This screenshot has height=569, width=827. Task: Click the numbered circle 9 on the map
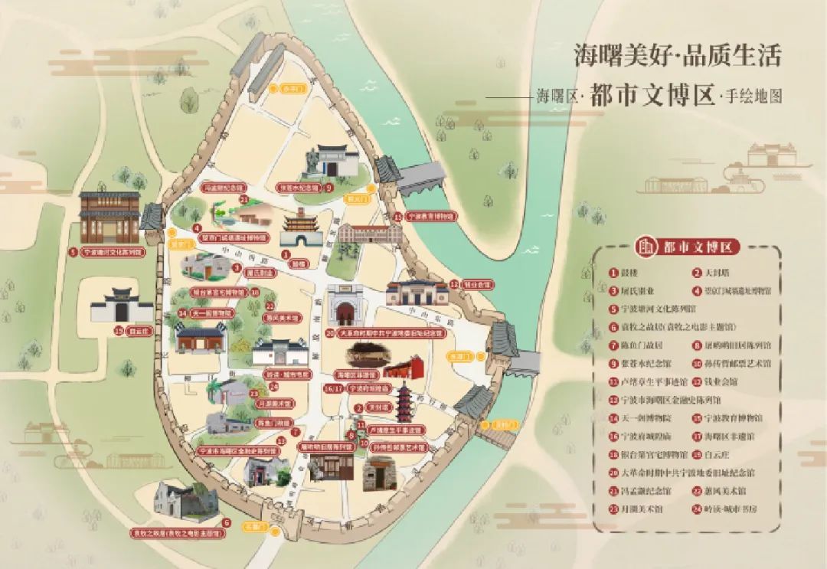[x=329, y=187]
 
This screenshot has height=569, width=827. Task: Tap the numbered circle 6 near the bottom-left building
[x=226, y=522]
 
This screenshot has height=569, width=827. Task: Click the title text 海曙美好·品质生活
[x=678, y=55]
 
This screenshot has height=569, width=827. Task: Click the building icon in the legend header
[x=648, y=247]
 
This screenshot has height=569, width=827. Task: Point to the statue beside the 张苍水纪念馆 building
[x=313, y=160]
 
